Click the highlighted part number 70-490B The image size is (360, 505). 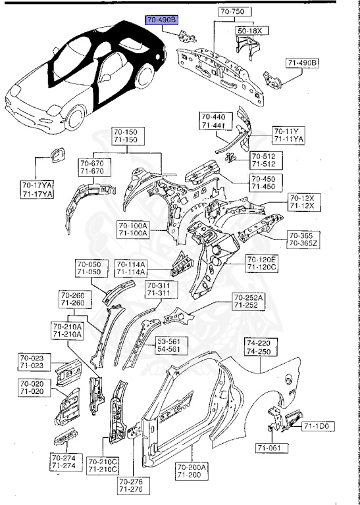(x=162, y=21)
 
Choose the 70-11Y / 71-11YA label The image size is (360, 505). (x=288, y=135)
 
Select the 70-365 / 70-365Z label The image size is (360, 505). (x=303, y=239)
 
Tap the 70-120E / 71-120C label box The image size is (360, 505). (x=262, y=263)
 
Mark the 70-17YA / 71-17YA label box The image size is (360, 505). (x=36, y=190)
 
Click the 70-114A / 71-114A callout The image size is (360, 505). (x=132, y=268)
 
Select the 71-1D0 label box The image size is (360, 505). (x=319, y=427)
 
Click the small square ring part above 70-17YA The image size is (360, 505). (x=55, y=156)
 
